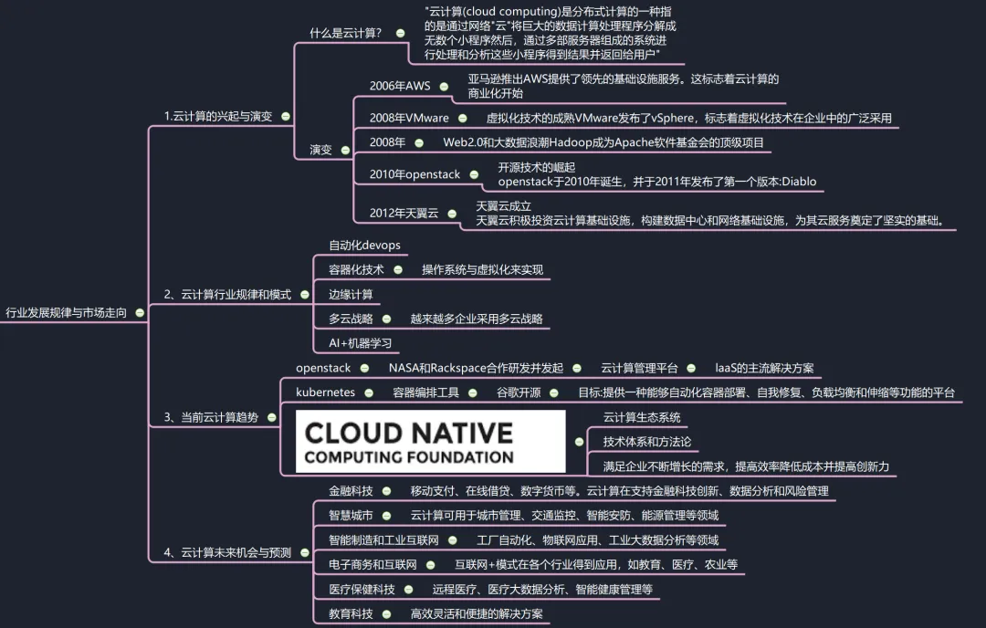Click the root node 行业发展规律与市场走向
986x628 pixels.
pos(67,311)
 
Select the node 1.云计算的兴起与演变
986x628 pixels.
pos(217,116)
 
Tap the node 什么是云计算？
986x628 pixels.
pos(346,33)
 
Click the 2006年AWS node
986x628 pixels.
pos(400,86)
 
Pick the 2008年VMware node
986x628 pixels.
pos(409,118)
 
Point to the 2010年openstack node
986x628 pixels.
pos(415,173)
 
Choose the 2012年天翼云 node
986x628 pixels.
pos(404,213)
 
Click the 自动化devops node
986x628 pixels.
pos(364,246)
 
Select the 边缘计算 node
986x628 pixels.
pos(351,294)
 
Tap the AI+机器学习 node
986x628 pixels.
pos(360,343)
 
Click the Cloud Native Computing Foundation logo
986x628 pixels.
pos(431,441)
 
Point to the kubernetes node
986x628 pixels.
pos(325,392)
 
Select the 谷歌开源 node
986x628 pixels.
pos(519,392)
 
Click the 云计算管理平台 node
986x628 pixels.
pos(639,368)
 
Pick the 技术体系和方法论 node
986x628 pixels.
pos(647,442)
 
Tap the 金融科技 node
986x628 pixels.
pos(351,491)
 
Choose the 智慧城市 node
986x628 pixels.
pos(351,516)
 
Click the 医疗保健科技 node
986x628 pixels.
pos(362,590)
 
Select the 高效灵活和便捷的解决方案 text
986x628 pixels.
pos(477,614)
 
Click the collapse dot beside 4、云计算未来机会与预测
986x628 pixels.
pos(300,552)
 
